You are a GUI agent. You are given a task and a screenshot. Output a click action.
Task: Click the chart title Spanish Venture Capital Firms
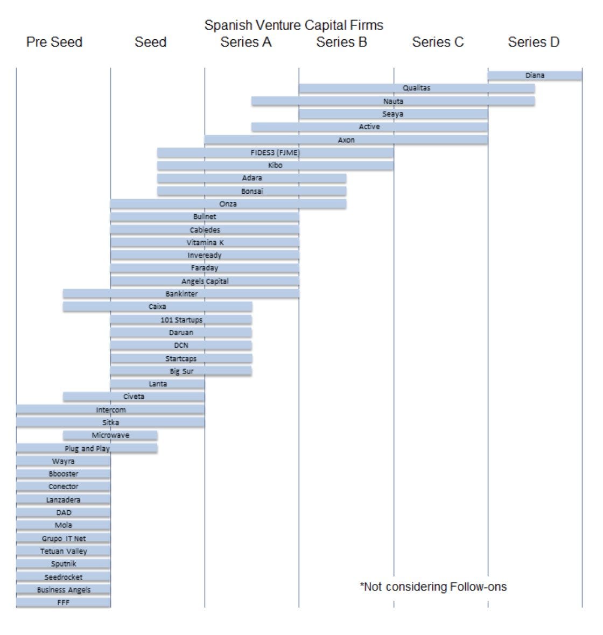[x=293, y=25]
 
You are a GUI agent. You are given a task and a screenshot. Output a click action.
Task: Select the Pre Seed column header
[x=54, y=42]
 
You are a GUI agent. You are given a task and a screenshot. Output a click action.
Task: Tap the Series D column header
[x=534, y=42]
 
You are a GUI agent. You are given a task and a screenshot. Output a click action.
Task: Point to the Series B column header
[x=341, y=42]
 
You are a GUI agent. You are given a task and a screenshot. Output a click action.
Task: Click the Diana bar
[x=535, y=76]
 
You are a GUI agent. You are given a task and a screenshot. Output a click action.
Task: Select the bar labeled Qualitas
[x=416, y=88]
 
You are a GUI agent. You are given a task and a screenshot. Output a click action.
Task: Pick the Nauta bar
[x=393, y=101]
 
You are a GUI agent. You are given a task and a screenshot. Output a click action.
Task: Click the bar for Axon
[x=346, y=140]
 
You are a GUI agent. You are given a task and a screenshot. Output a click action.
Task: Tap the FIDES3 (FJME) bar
[x=275, y=153]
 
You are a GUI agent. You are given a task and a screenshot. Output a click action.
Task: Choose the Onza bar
[x=228, y=204]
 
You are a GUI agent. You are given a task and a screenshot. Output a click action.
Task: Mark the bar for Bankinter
[x=181, y=294]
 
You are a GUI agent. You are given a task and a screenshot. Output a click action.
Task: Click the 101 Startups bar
[x=181, y=320]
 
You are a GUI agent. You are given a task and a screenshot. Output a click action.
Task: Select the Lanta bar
[x=157, y=384]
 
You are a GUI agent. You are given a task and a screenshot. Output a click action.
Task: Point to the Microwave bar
[x=110, y=435]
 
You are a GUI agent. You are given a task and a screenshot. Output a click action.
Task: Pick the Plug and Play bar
[x=87, y=448]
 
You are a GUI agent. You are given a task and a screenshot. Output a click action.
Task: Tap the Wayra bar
[x=63, y=461]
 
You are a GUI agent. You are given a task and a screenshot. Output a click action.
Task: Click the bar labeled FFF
[x=63, y=603]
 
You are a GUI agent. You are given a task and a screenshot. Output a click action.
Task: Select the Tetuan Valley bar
[x=63, y=551]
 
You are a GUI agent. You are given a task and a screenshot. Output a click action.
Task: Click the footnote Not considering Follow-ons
[x=433, y=587]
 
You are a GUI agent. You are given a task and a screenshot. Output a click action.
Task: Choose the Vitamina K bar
[x=205, y=243]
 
